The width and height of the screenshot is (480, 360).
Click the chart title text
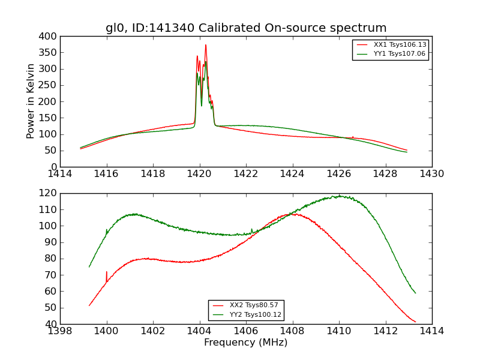point(246,28)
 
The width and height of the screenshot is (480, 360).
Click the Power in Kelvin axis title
point(31,101)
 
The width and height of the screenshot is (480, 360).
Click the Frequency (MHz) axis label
point(246,343)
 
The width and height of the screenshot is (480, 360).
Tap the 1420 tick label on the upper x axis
point(199,173)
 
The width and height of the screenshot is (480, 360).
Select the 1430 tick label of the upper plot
point(431,173)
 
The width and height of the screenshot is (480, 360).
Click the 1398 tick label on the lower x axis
point(61,331)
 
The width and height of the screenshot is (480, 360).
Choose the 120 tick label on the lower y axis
point(49,193)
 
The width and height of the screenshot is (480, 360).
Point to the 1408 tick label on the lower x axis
point(292,331)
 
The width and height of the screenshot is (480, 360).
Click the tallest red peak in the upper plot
point(205,45)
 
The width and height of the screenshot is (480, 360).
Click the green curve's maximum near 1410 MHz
point(340,196)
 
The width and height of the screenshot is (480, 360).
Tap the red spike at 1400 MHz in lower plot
point(107,272)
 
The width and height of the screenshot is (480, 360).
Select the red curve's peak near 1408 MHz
point(293,214)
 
